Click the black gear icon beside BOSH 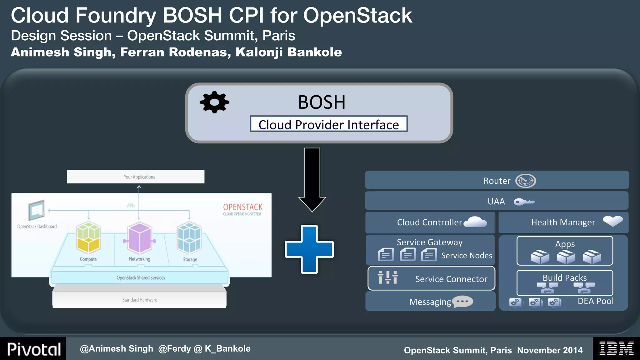pyautogui.click(x=214, y=102)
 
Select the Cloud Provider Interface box pyautogui.click(x=328, y=124)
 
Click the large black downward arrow pyautogui.click(x=312, y=180)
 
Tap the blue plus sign pyautogui.click(x=309, y=249)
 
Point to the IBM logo pyautogui.click(x=616, y=348)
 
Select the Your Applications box pyautogui.click(x=136, y=177)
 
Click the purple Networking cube pyautogui.click(x=139, y=238)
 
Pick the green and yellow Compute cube pyautogui.click(x=88, y=237)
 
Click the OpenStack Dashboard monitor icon pyautogui.click(x=37, y=210)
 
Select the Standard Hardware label pyautogui.click(x=140, y=300)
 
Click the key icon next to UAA pyautogui.click(x=524, y=202)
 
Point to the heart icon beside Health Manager pyautogui.click(x=613, y=221)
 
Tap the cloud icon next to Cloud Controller pyautogui.click(x=475, y=222)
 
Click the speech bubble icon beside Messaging pyautogui.click(x=462, y=302)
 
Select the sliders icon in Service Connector pyautogui.click(x=388, y=277)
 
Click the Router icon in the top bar pyautogui.click(x=525, y=181)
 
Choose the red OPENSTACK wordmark pyautogui.click(x=243, y=207)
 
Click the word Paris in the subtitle pyautogui.click(x=279, y=36)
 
